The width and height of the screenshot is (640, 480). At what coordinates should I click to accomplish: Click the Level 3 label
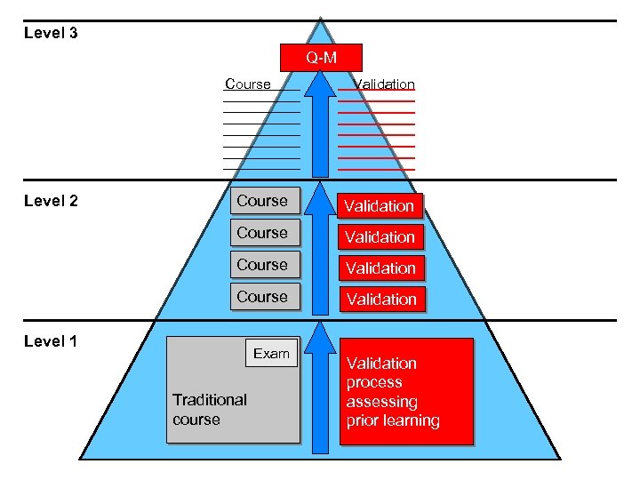click(x=51, y=34)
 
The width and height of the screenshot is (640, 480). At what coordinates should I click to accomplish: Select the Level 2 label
click(x=51, y=201)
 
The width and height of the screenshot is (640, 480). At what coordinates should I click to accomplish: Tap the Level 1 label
click(x=51, y=340)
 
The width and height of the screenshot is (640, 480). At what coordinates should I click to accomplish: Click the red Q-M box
click(x=321, y=58)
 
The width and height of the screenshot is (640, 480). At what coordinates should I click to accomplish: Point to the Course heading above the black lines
click(x=248, y=84)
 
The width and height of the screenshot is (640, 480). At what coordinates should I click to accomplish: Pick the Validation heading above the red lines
click(x=383, y=84)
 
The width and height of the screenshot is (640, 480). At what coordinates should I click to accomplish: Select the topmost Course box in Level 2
click(x=264, y=202)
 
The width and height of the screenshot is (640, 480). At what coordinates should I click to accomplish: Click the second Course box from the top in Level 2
click(x=264, y=233)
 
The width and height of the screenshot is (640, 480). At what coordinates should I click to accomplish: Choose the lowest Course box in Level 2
click(x=264, y=297)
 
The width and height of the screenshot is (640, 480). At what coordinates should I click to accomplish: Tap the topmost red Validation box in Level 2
click(x=380, y=206)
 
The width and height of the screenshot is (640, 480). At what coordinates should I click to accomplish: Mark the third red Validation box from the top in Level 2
click(x=380, y=268)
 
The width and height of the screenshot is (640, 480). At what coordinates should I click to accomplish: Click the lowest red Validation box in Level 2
click(x=380, y=299)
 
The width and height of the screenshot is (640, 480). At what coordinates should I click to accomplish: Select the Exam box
click(x=272, y=354)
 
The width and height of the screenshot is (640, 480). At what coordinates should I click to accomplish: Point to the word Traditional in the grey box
click(x=210, y=400)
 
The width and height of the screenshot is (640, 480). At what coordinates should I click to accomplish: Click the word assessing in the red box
click(x=381, y=402)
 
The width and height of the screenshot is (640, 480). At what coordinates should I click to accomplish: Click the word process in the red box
click(x=374, y=382)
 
